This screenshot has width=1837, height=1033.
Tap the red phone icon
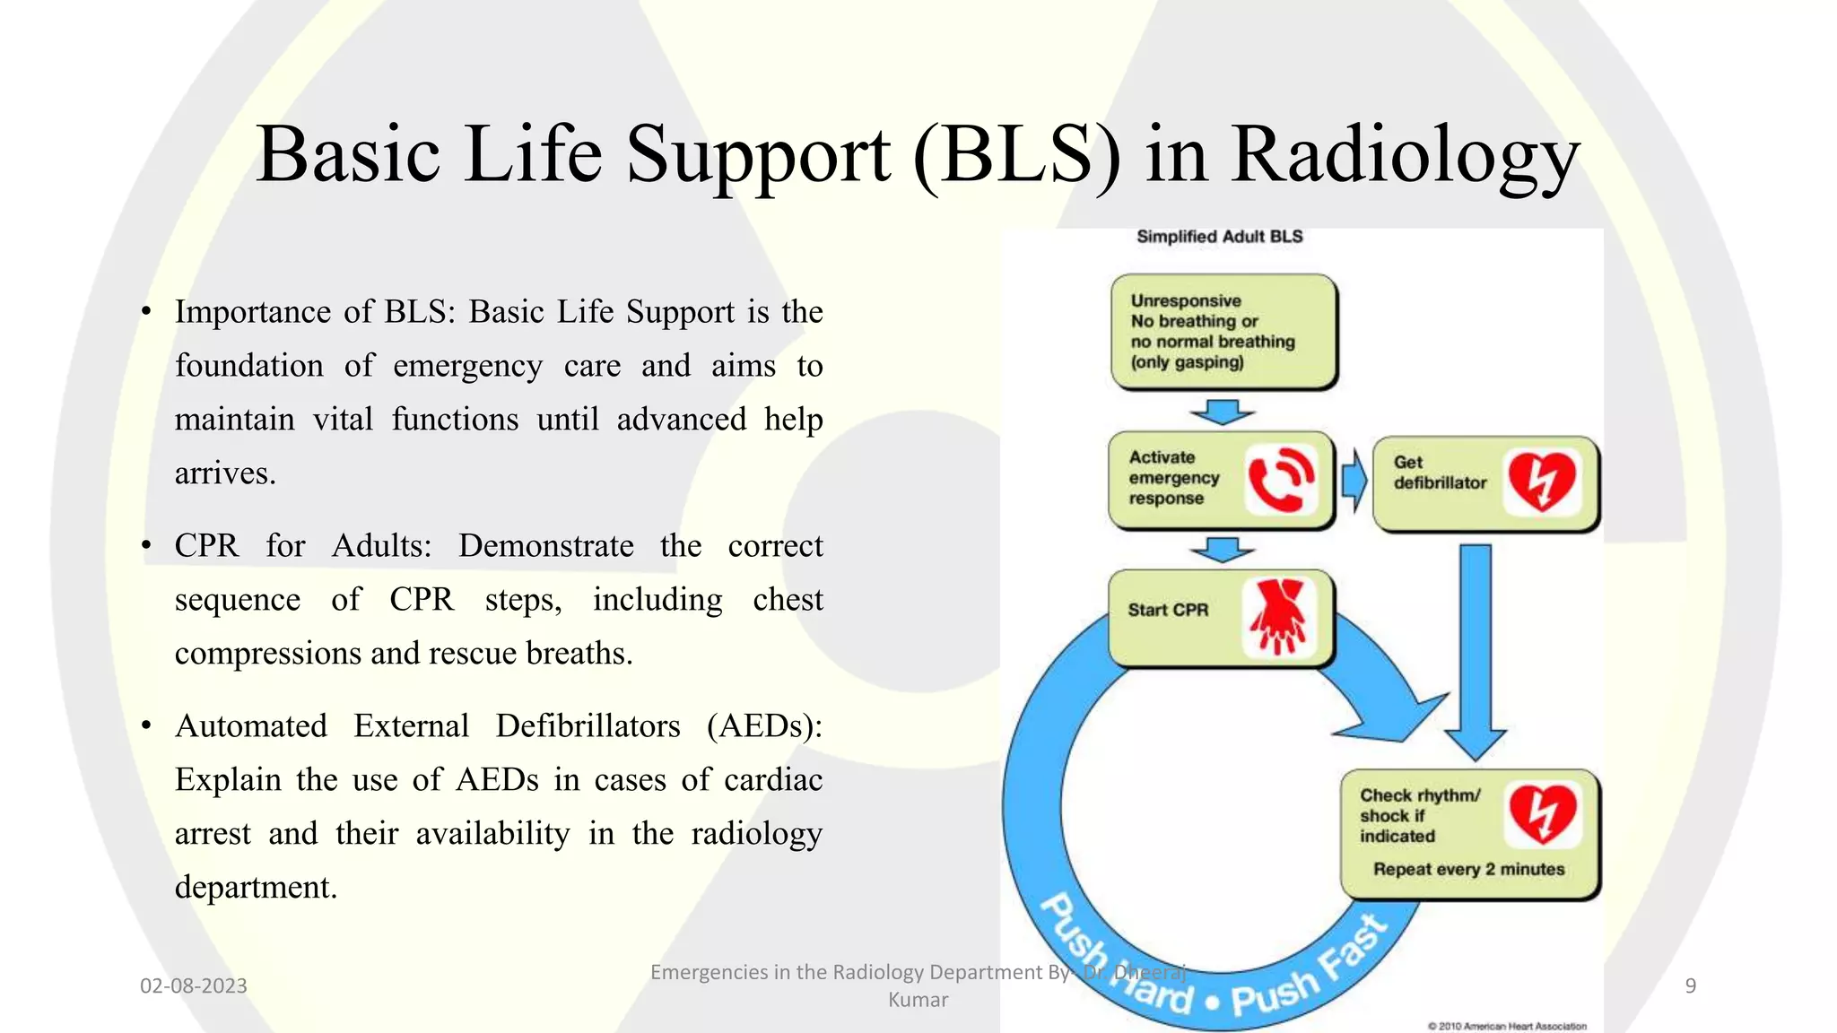(1281, 480)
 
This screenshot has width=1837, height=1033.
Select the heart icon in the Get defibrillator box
(1542, 482)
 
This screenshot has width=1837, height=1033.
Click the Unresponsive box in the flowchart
(1224, 332)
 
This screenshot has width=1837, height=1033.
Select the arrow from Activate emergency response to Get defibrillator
(1354, 482)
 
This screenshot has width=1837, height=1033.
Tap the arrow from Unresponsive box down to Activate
(1222, 412)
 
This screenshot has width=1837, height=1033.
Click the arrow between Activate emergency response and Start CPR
(1222, 550)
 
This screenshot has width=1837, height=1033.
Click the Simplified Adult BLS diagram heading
(1219, 237)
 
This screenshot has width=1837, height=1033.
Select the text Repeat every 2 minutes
(1468, 869)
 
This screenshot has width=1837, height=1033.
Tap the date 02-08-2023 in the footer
(194, 986)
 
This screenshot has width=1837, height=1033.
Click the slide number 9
(1690, 986)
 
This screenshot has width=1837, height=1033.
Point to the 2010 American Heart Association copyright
(1507, 1026)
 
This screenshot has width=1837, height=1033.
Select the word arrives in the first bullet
(225, 473)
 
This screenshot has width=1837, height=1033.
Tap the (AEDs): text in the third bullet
(764, 726)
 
